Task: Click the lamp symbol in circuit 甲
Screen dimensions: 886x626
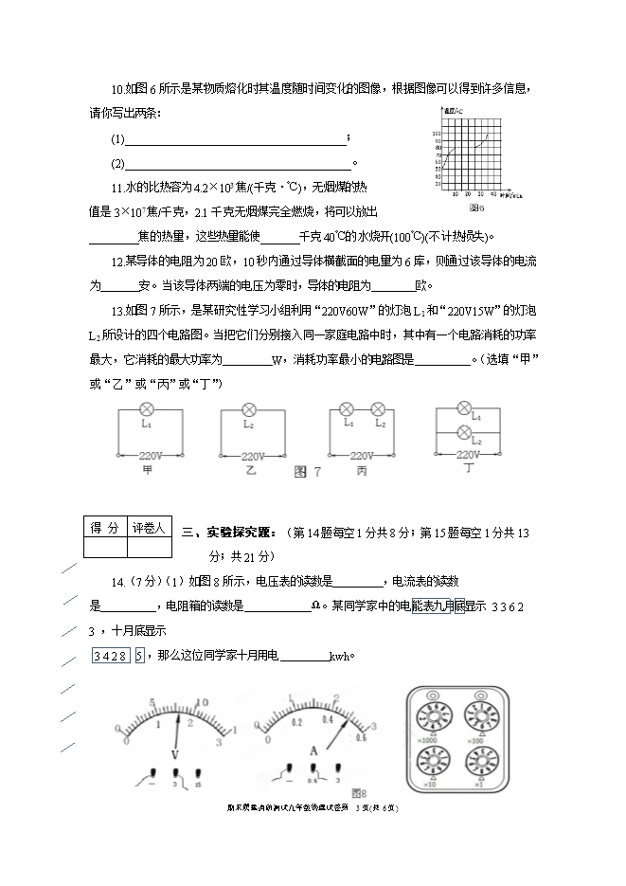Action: coord(147,409)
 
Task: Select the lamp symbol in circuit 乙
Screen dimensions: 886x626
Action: coord(250,410)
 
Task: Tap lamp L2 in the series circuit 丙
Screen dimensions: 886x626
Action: coord(377,408)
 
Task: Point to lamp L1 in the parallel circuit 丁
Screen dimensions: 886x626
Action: coord(464,408)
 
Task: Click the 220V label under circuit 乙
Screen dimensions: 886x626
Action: coord(253,456)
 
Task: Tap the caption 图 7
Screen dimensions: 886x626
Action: coord(309,471)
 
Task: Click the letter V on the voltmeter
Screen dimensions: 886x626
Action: coord(175,754)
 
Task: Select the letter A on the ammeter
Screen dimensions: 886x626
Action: coord(313,750)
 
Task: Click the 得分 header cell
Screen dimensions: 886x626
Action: coord(104,528)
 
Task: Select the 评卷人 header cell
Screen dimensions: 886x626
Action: coord(148,528)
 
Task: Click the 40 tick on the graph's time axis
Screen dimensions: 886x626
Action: coord(494,193)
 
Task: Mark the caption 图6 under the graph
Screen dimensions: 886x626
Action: coord(475,207)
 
